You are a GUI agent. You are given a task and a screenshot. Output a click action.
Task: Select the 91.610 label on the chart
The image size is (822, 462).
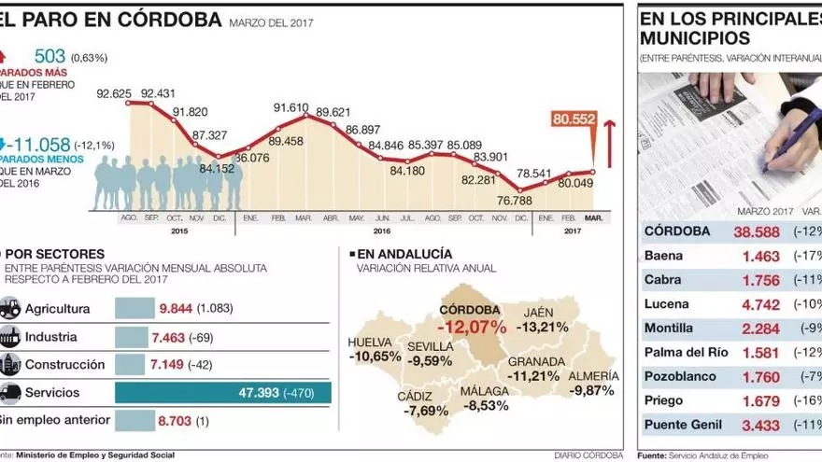click(291, 108)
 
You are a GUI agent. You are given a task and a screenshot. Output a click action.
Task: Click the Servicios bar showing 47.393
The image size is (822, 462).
click(222, 393)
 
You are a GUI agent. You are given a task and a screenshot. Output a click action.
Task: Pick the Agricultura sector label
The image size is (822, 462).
click(57, 309)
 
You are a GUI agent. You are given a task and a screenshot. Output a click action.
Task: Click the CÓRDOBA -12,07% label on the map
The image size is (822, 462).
click(475, 319)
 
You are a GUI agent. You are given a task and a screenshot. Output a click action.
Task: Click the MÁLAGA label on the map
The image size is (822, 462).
click(485, 391)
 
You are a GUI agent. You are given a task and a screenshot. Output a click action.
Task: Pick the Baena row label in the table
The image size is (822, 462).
click(663, 256)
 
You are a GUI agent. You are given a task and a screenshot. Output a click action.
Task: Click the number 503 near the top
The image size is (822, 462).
click(50, 57)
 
